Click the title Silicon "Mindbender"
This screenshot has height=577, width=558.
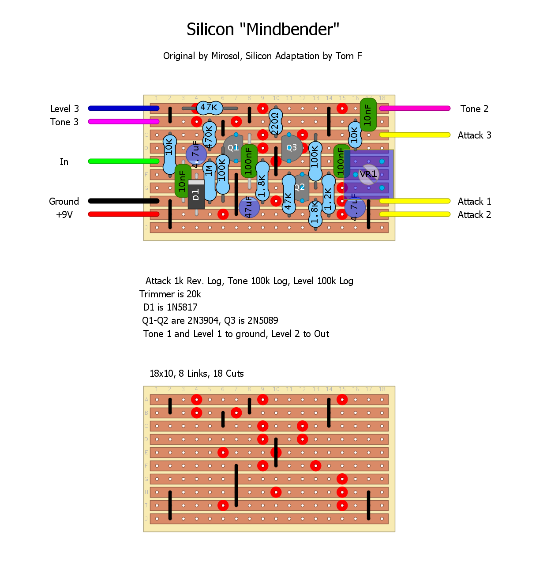263,30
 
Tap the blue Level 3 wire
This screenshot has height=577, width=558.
124,108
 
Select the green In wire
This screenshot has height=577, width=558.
124,161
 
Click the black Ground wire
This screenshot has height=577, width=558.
124,201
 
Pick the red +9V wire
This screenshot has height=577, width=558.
124,214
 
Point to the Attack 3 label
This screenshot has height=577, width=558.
474,135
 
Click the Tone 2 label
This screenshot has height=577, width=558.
474,109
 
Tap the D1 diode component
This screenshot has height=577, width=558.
196,194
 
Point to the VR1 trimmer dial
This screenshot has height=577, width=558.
368,174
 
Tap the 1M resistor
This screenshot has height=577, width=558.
209,176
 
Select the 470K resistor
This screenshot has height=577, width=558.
209,135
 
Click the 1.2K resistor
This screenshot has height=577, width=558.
328,194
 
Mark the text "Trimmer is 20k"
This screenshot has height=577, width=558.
170,294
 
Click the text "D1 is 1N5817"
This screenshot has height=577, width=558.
170,307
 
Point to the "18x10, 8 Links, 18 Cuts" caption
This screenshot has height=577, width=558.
197,374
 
